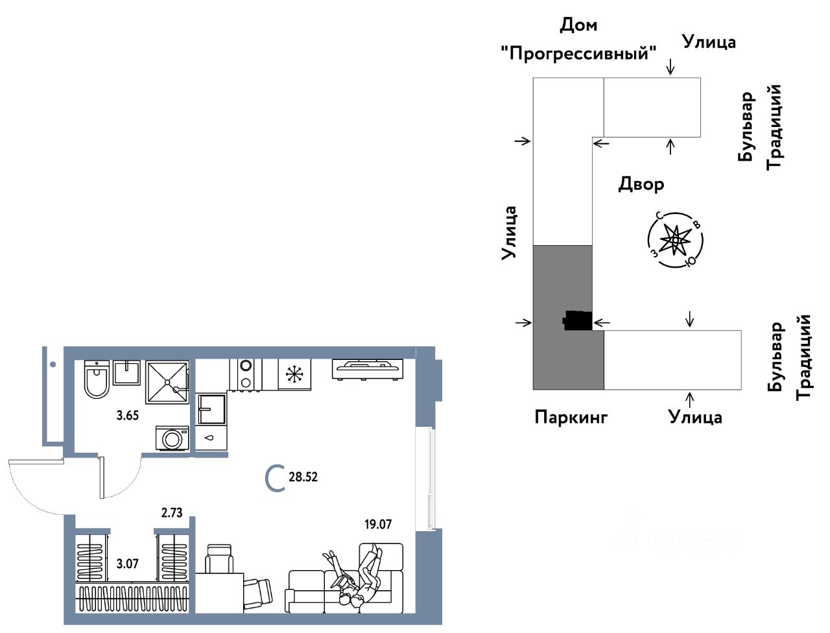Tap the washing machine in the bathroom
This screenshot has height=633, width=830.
pos(172,438)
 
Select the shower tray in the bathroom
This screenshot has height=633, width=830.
pos(167,381)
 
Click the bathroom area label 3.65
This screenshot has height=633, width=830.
pos(128,416)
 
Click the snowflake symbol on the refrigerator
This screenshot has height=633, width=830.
pos(294,374)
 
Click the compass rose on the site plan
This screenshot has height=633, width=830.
pos(676,240)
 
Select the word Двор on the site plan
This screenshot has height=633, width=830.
pos(641,184)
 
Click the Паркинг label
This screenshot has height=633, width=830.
pos(571,416)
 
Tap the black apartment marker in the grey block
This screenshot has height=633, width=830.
pos(576,320)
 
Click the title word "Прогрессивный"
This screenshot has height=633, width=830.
pos(579,53)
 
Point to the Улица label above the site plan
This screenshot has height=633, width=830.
pos(709,42)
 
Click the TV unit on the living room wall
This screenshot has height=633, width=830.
pos(368,368)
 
